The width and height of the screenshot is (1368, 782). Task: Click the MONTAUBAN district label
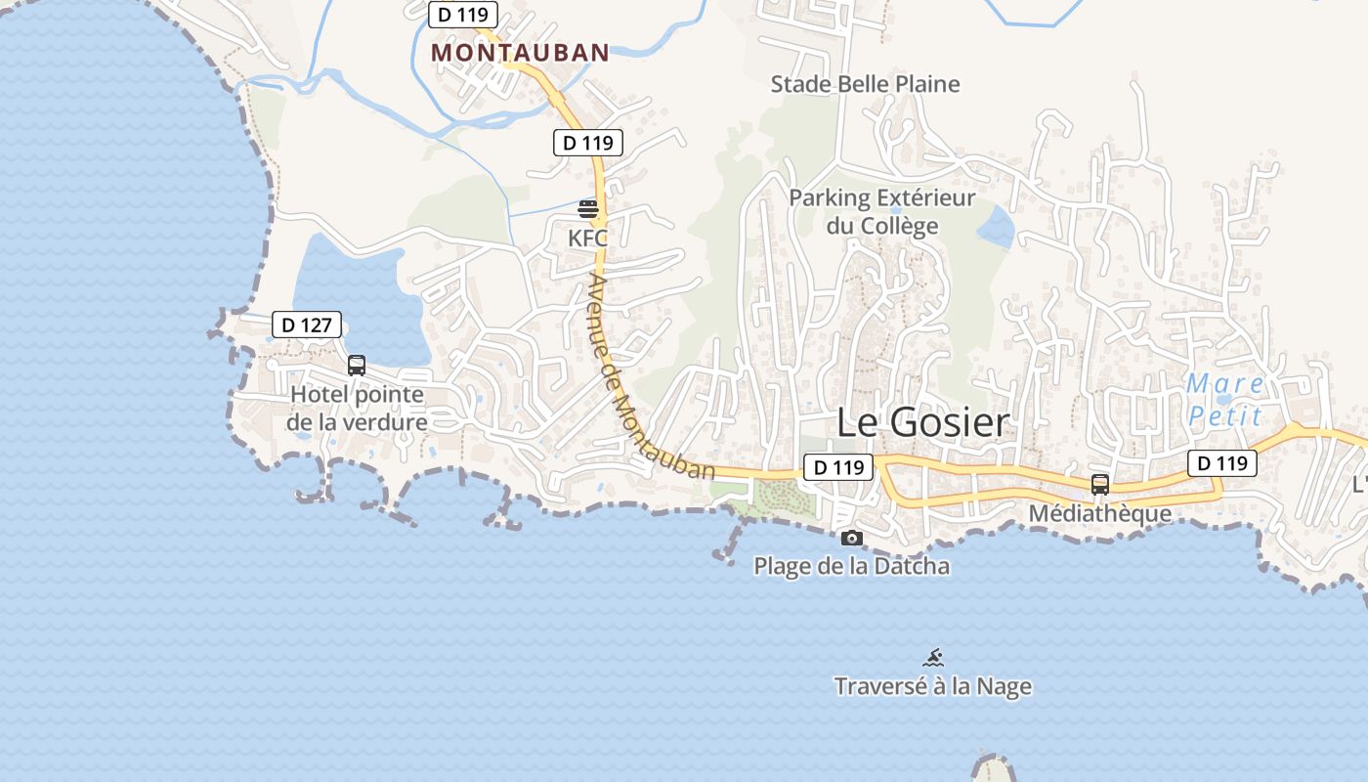[520, 52]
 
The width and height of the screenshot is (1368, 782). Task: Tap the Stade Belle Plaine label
[865, 84]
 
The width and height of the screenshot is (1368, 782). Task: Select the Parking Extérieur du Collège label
[882, 212]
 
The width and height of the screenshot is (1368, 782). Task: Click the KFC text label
[587, 238]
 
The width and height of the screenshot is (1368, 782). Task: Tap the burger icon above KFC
[587, 208]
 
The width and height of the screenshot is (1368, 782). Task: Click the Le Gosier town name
[922, 422]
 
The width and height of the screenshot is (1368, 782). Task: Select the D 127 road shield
[307, 325]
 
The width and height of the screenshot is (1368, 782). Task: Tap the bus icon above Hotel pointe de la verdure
[357, 366]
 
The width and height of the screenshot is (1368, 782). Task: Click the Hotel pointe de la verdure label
[357, 409]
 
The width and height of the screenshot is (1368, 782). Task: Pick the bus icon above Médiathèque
[1100, 484]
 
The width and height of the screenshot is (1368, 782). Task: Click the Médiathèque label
[1099, 513]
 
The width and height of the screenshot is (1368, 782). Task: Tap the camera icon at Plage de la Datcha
[852, 538]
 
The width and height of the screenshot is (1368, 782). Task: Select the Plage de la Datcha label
[851, 566]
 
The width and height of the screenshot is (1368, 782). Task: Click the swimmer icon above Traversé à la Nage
[933, 657]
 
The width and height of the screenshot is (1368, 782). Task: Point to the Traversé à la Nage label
[932, 686]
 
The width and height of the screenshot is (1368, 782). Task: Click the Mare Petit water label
[1225, 399]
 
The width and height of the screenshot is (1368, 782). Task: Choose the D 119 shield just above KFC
[588, 143]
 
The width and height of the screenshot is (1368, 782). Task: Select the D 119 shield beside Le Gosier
[837, 467]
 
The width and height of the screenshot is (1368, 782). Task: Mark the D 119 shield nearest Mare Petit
[1222, 462]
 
